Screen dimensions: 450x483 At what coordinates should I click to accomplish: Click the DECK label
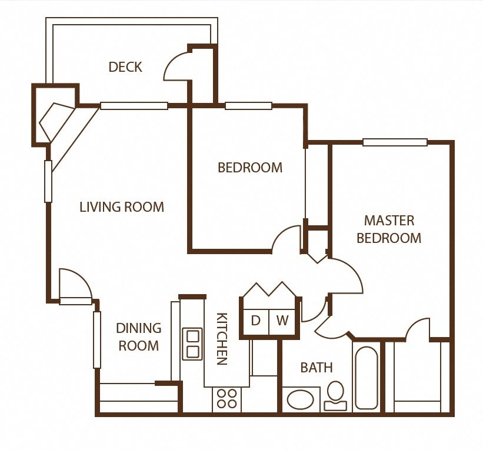(125, 67)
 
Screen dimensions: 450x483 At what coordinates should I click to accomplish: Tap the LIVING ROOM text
(122, 207)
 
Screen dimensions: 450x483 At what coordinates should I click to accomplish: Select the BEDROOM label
(250, 168)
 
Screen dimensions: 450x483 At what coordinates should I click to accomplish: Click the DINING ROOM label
(139, 336)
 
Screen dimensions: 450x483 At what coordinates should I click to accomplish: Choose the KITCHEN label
(222, 338)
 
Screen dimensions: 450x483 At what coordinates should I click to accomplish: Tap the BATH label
(317, 368)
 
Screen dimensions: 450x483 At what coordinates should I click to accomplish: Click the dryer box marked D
(256, 321)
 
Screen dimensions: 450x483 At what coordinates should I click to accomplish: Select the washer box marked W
(283, 321)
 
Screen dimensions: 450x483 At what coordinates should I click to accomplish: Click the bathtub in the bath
(367, 378)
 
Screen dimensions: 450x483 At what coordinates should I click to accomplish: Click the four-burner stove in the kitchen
(226, 398)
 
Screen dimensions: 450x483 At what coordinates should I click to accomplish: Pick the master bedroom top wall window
(395, 142)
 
